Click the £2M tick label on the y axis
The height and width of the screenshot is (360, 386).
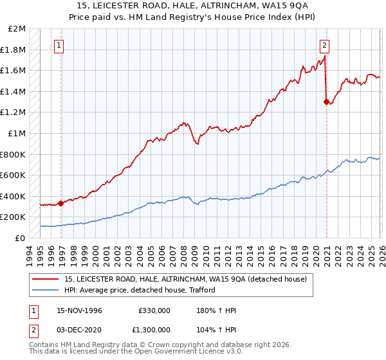[x=17, y=29]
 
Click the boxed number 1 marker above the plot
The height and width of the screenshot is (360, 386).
[x=59, y=45]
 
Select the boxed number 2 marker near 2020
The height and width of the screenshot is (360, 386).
[x=324, y=45]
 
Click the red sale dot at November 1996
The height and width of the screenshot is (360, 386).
[x=61, y=203]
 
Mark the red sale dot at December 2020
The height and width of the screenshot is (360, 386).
[x=326, y=102]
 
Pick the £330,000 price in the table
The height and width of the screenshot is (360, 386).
[x=154, y=310]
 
